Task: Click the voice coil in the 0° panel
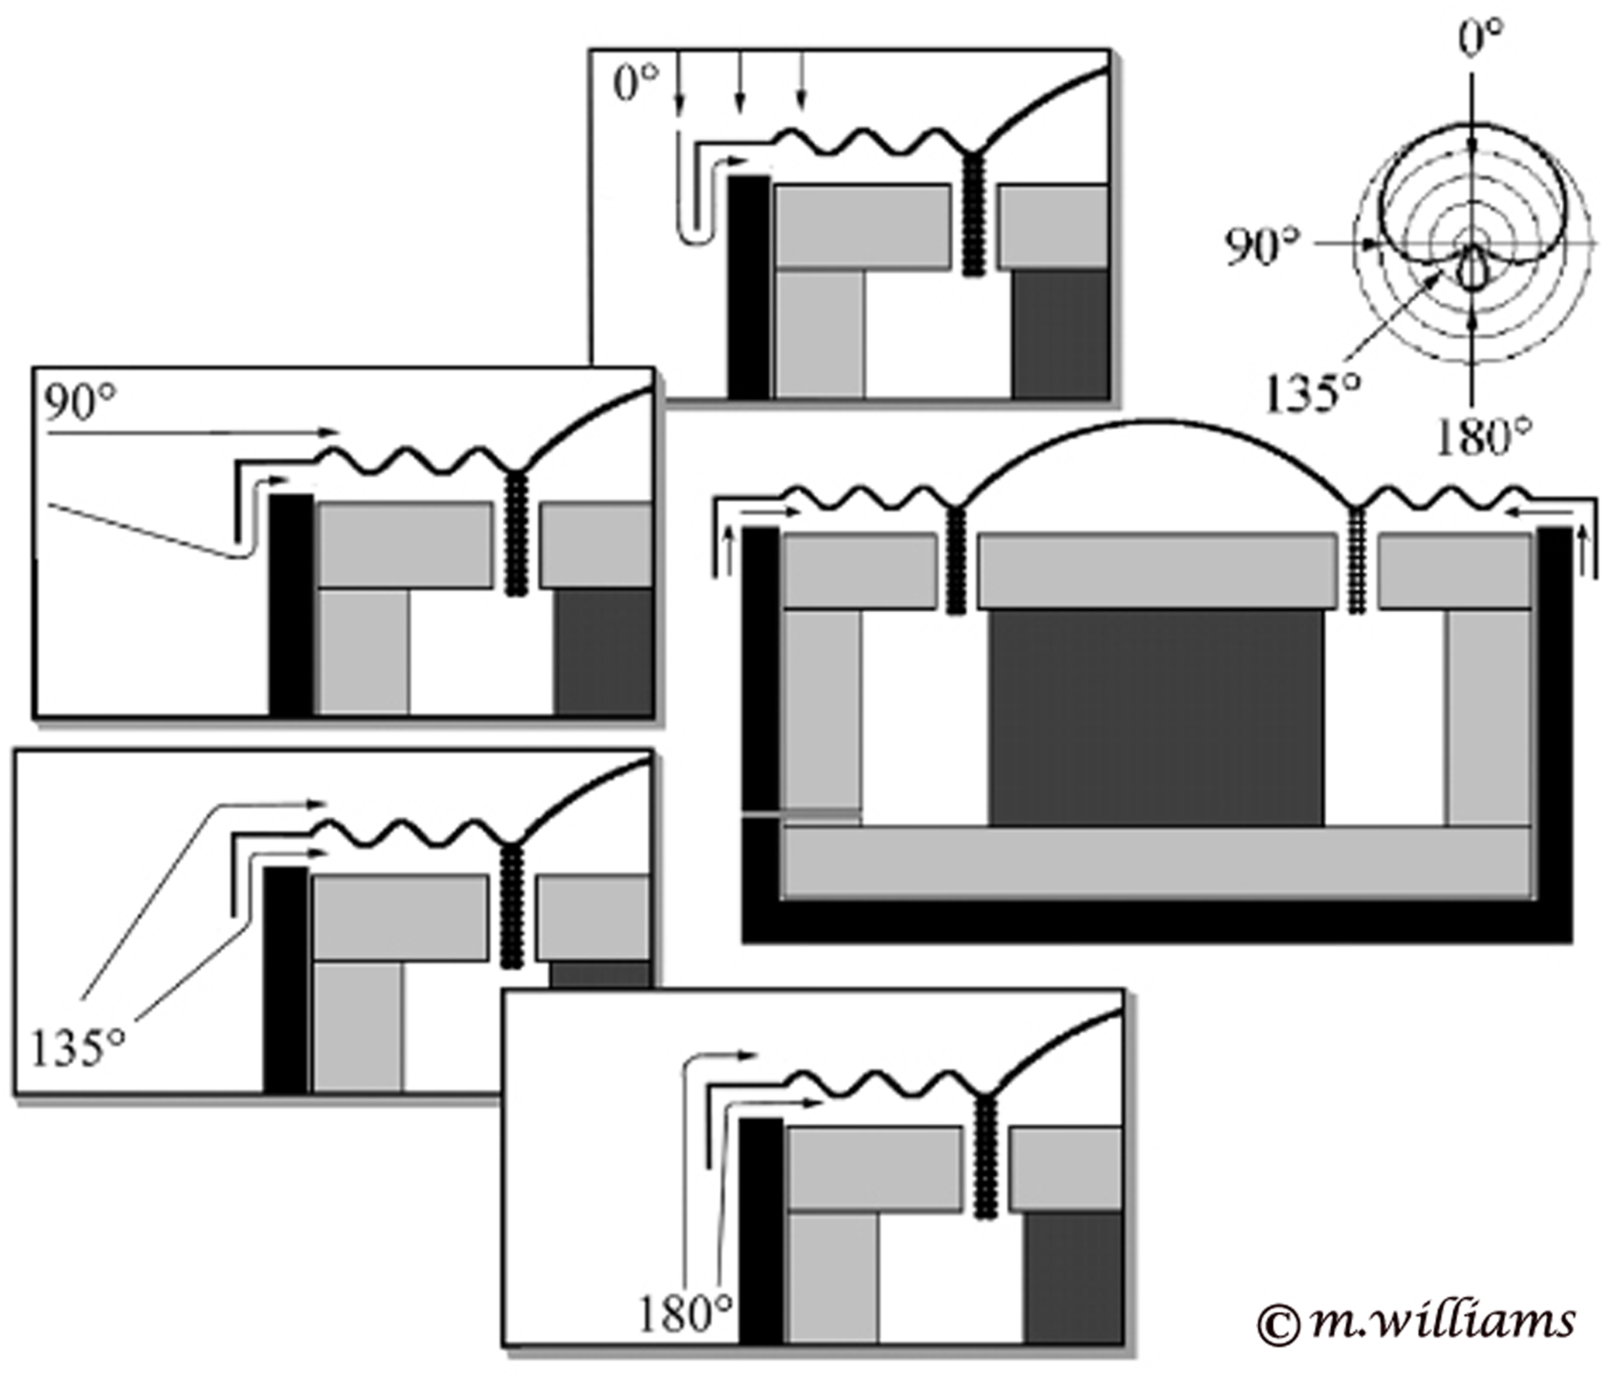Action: click(x=971, y=214)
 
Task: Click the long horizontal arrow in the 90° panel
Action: click(x=191, y=431)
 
